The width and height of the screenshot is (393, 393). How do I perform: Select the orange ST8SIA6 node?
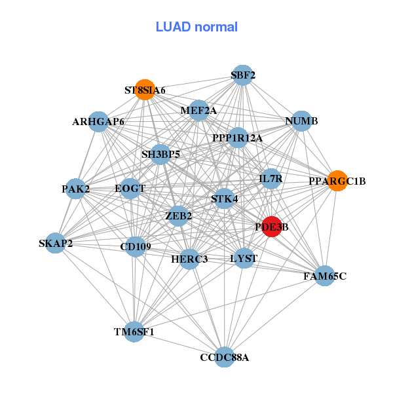point(145,89)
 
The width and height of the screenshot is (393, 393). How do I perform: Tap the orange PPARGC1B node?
point(337,180)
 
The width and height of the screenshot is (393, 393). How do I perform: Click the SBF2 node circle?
point(243,75)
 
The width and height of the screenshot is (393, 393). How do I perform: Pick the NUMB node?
point(301,121)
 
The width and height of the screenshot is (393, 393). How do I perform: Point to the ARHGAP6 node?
point(98,121)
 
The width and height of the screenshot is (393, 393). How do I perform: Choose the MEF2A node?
point(198,110)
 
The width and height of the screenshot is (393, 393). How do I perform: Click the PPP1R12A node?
point(238,138)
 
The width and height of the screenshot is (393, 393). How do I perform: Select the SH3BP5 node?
point(160,155)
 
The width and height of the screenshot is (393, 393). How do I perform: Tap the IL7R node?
point(271,178)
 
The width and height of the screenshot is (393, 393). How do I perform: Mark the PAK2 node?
point(76,189)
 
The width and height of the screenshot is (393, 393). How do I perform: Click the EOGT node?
point(130,189)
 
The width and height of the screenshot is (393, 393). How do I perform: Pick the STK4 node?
point(225,198)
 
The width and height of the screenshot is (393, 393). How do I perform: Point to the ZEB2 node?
point(178,215)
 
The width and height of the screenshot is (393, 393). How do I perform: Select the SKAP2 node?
point(56,243)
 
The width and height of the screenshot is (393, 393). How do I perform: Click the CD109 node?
point(135,246)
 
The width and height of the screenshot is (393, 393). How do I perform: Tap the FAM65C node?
point(324,276)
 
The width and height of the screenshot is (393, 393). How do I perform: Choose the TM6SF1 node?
point(134,331)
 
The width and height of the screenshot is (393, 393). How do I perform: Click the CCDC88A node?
point(225,357)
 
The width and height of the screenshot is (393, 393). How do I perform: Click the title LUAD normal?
point(196,27)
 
